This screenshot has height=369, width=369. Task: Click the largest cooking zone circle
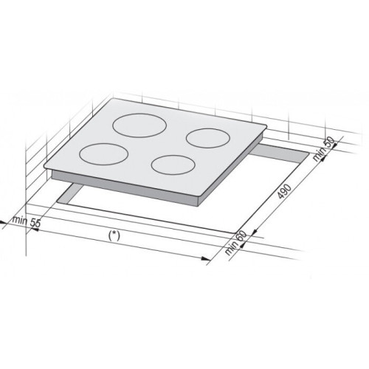139,114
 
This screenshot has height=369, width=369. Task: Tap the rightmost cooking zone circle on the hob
208,129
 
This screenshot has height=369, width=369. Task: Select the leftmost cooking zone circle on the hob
104,144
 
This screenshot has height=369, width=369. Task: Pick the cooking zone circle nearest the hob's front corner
173,155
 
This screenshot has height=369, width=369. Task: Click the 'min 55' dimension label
27,221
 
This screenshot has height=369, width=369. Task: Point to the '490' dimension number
284,191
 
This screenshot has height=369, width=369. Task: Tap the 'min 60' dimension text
235,243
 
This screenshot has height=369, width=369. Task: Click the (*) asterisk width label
114,235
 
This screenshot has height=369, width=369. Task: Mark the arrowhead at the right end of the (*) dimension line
206,258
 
